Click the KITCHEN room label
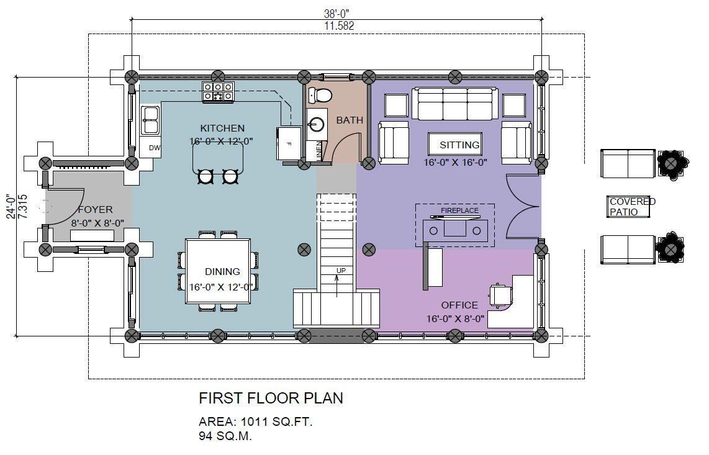[x=222, y=128]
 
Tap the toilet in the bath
[x=320, y=95]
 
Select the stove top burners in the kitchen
[x=218, y=91]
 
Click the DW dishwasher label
[x=155, y=148]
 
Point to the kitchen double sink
[x=150, y=120]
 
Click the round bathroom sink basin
[x=316, y=124]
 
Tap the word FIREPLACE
[x=459, y=211]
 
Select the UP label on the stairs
[x=341, y=271]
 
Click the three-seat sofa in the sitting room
[x=455, y=104]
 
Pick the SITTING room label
[x=459, y=145]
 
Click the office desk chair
[x=501, y=296]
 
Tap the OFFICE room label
[x=459, y=305]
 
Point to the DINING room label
[x=222, y=272]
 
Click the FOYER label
[x=95, y=210]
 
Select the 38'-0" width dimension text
[x=336, y=14]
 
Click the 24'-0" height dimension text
[x=11, y=207]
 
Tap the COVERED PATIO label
[x=632, y=207]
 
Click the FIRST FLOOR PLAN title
[x=271, y=399]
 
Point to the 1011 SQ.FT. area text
[x=276, y=422]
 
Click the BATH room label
[x=350, y=120]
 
